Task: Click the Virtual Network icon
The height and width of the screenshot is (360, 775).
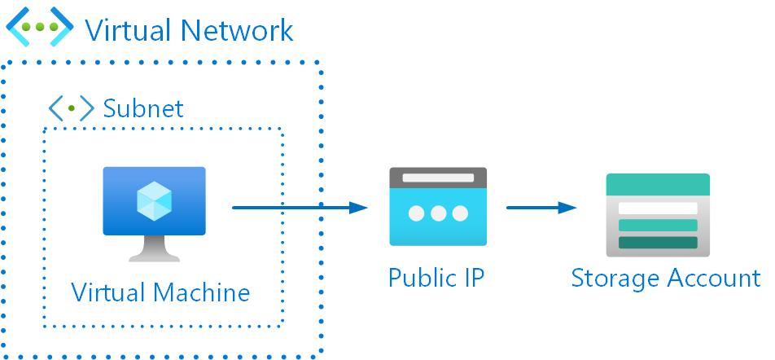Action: [x=40, y=27]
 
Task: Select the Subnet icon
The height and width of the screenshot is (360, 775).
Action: [x=71, y=108]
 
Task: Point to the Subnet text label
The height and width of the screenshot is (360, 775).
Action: [x=143, y=108]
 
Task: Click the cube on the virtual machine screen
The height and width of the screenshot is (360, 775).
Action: [x=154, y=200]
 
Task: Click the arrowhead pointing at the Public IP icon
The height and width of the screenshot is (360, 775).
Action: [x=359, y=208]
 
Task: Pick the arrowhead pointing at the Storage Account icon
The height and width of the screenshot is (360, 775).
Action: [x=567, y=208]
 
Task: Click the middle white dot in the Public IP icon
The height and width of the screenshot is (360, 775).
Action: [x=439, y=213]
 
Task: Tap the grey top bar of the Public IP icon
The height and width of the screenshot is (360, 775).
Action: [x=438, y=177]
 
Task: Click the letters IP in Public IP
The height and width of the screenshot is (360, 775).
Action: [x=472, y=277]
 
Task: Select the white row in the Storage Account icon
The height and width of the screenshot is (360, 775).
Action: [x=658, y=209]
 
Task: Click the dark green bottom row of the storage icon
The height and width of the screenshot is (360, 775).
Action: [x=658, y=243]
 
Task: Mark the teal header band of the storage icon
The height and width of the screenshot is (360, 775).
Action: [x=658, y=184]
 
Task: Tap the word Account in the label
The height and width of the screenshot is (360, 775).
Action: [x=713, y=278]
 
